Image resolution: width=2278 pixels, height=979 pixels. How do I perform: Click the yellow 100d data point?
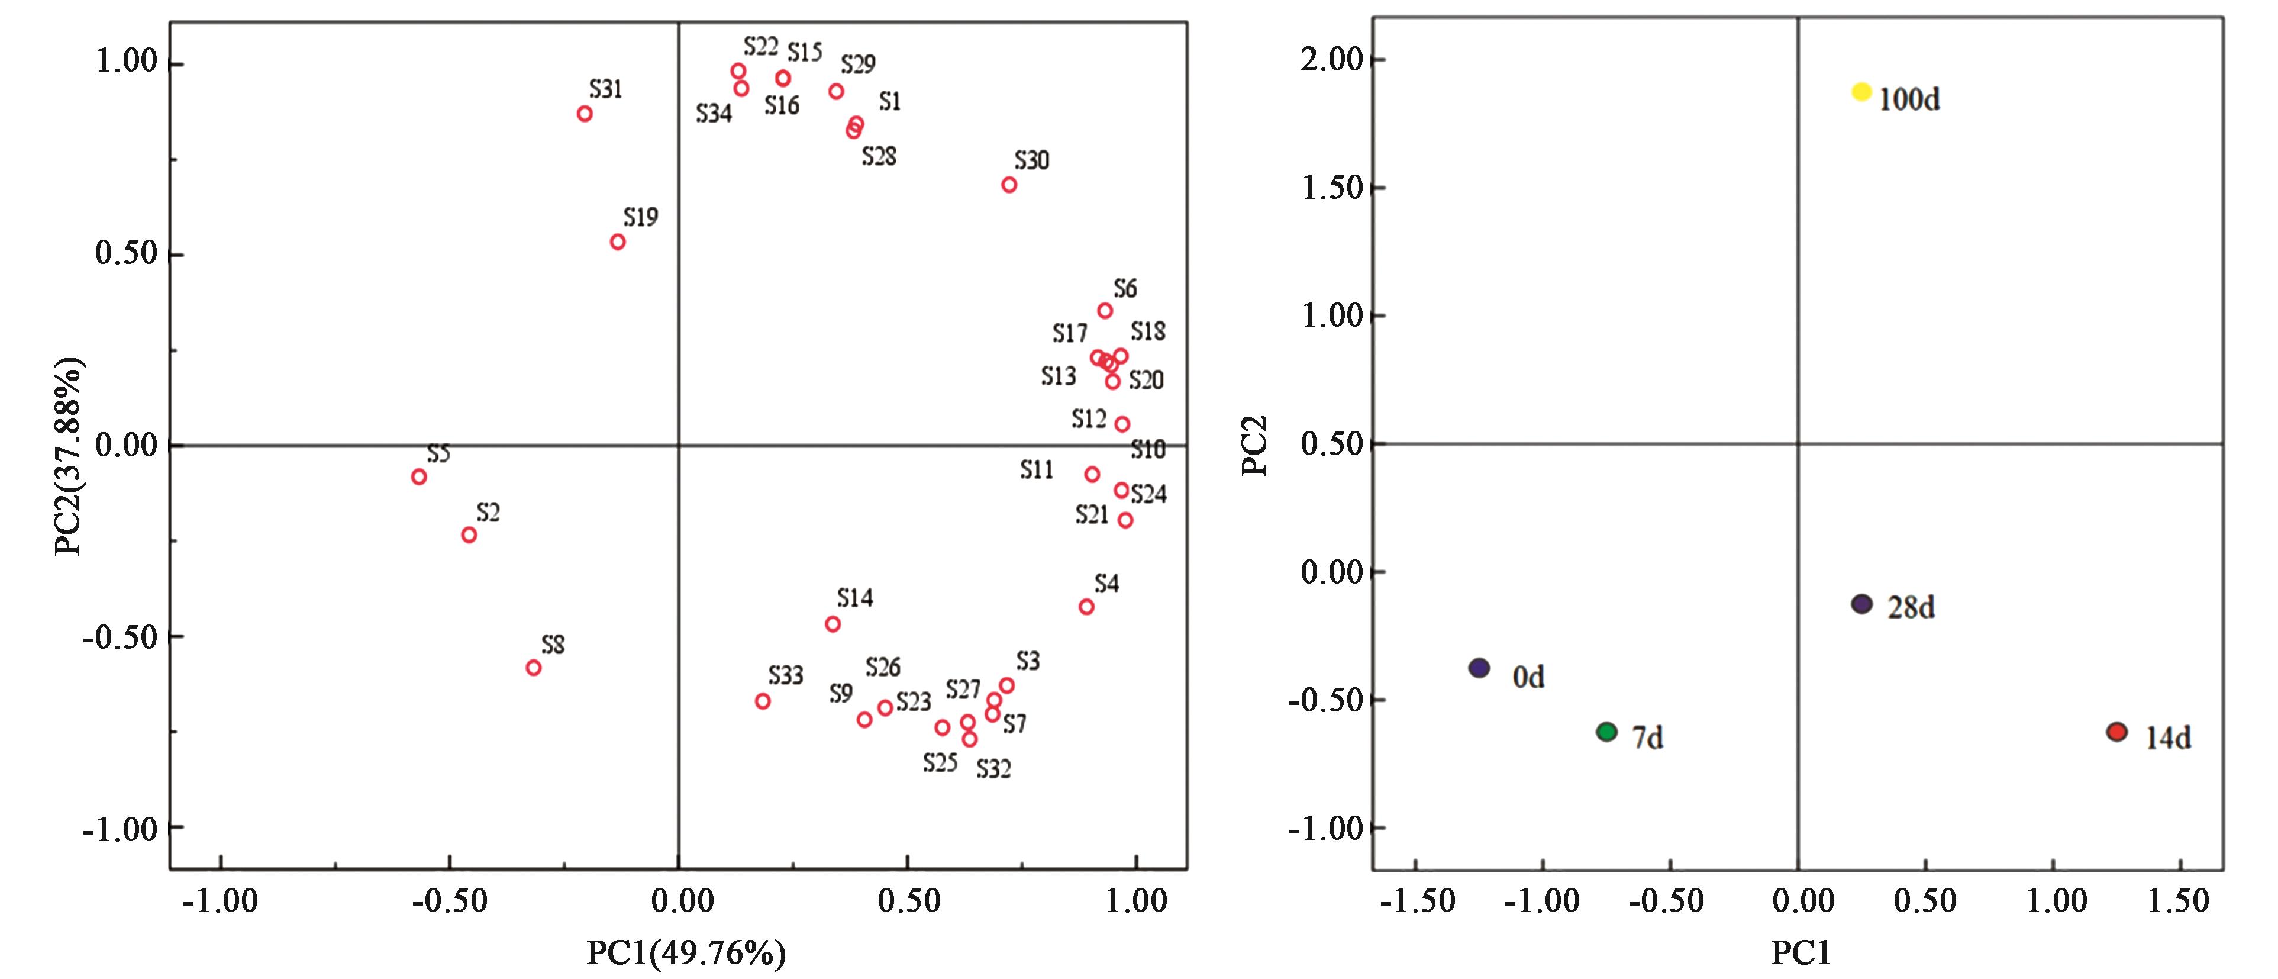coord(1861,92)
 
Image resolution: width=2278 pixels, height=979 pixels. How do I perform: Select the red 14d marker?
coord(2116,732)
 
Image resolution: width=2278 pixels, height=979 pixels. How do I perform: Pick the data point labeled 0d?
coord(1479,668)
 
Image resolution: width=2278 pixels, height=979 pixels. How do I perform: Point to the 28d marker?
coord(1861,604)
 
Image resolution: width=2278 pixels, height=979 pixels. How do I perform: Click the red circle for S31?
coord(585,113)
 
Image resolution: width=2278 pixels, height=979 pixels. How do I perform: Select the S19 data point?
coord(617,241)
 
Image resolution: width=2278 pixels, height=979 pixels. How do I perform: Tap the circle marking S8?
coord(533,668)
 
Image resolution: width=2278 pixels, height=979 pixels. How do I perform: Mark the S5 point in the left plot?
coord(419,476)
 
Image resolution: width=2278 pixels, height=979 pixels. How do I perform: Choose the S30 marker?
coord(1009,185)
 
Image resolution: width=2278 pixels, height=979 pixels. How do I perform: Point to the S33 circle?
coord(762,701)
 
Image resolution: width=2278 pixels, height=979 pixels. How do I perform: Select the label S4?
coord(1106,584)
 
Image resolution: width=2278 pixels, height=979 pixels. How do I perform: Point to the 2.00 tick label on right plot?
coord(1331,60)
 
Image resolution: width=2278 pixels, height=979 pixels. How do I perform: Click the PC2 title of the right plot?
coord(1254,445)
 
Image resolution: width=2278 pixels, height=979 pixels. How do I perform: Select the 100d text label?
coord(1909,100)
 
